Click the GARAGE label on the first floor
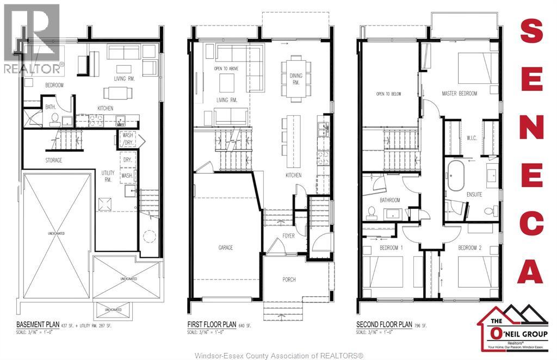point(226,247)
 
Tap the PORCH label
point(289,280)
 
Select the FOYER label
point(288,235)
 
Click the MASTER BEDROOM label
point(459,94)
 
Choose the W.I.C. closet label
point(471,137)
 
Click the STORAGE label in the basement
point(53,160)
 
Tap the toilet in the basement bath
point(54,120)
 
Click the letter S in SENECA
point(531,32)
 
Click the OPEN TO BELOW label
point(388,94)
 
